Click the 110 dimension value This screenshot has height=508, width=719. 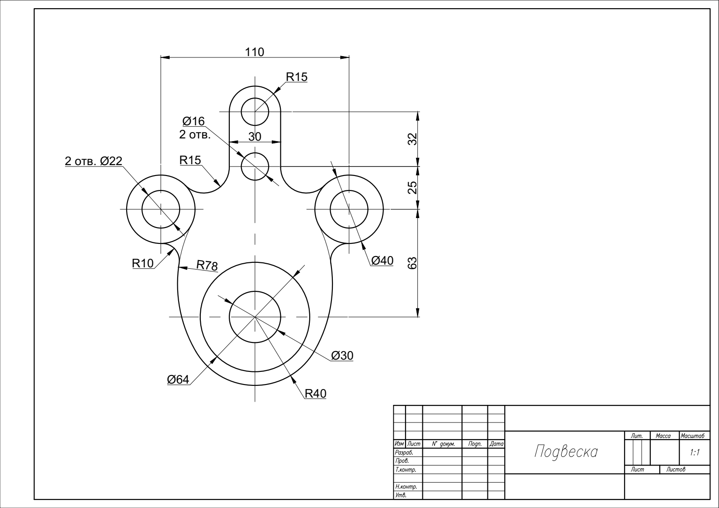(x=255, y=52)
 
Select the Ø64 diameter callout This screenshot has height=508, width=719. (x=178, y=380)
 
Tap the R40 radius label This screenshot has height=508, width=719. (x=316, y=394)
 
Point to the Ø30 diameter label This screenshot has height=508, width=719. (x=342, y=356)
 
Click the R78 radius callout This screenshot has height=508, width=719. (x=207, y=265)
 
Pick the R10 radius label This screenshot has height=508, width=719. (x=143, y=263)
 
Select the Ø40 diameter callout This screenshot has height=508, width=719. (x=382, y=261)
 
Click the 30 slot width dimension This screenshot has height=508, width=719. (x=255, y=137)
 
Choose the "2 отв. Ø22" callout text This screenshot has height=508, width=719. (x=94, y=161)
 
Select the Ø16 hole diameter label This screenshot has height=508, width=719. (x=194, y=121)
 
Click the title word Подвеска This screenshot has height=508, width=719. (x=566, y=451)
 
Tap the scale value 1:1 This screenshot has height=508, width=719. (x=695, y=452)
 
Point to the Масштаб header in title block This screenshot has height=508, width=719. (x=692, y=436)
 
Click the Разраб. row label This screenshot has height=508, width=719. (x=404, y=452)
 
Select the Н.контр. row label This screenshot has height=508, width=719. (x=406, y=486)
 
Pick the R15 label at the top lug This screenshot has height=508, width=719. (x=297, y=77)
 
